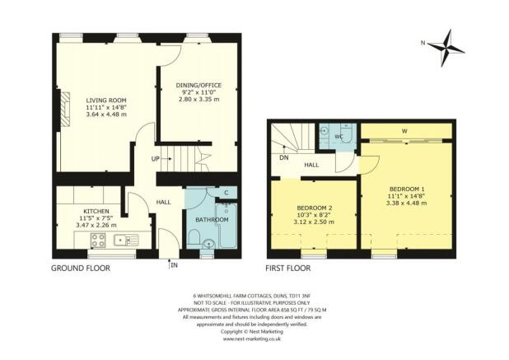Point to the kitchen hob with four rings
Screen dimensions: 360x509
(98, 241)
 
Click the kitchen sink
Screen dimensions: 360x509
(126, 241)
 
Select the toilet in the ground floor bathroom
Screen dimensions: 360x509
(206, 242)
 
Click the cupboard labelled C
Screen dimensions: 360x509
(227, 193)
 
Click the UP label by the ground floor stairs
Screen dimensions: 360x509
(155, 158)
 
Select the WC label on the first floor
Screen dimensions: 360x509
(339, 136)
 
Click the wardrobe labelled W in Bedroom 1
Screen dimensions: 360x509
(404, 130)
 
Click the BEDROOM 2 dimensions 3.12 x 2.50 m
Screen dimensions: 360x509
(312, 222)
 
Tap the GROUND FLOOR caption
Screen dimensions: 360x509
(79, 269)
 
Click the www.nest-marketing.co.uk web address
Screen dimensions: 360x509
(254, 339)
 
